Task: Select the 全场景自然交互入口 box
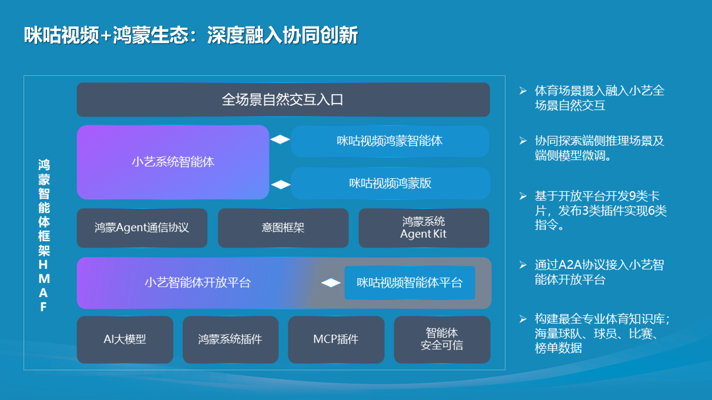coord(283,99)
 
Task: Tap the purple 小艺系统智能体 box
coord(173,162)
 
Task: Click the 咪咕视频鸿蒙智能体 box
coord(390,141)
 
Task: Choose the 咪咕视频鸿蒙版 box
coord(390,183)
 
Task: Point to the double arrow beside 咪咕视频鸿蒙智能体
coord(280,140)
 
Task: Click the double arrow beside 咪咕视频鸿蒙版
coord(280,184)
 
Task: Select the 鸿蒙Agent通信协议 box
coord(142,228)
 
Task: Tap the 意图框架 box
coord(283,228)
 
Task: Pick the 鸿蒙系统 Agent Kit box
coord(424,228)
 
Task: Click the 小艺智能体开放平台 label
coord(198,283)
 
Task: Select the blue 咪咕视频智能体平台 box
coord(410,283)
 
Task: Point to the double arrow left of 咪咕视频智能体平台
coord(331,283)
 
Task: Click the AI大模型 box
coord(125,339)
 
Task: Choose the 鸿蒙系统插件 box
coord(230,339)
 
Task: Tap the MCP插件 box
coord(335,339)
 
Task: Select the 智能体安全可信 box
coord(441,339)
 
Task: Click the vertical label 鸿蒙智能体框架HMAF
coord(44,235)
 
